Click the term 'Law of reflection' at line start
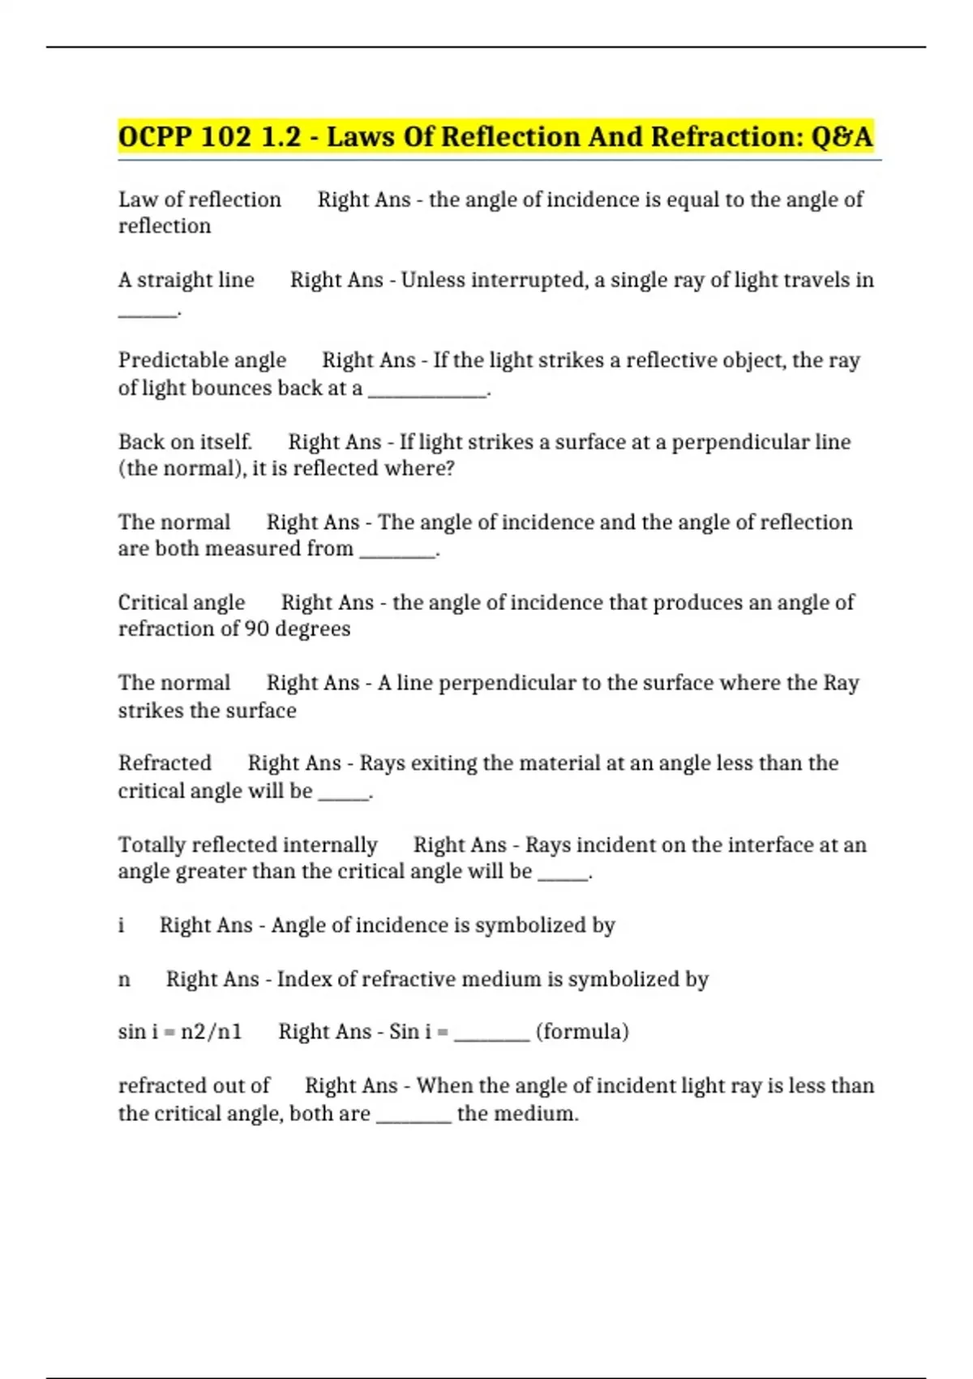[x=199, y=200]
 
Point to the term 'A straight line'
[x=186, y=280]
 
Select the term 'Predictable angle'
[x=202, y=360]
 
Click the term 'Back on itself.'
[x=185, y=442]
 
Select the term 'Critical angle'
[x=181, y=603]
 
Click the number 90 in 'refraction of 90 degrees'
[x=256, y=629]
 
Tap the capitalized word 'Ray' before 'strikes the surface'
[x=841, y=683]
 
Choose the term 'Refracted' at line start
[x=165, y=763]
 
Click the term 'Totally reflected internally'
[x=247, y=845]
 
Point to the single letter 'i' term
[x=122, y=926]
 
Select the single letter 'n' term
[x=124, y=980]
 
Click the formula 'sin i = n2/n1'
[x=180, y=1032]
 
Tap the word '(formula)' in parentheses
[x=582, y=1032]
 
